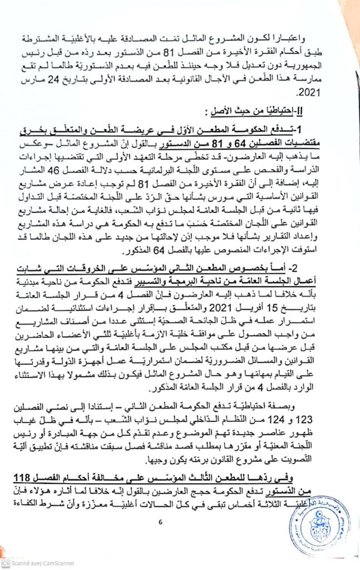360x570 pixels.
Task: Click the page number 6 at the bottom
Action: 160,522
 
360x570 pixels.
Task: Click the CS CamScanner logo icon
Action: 6,564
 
